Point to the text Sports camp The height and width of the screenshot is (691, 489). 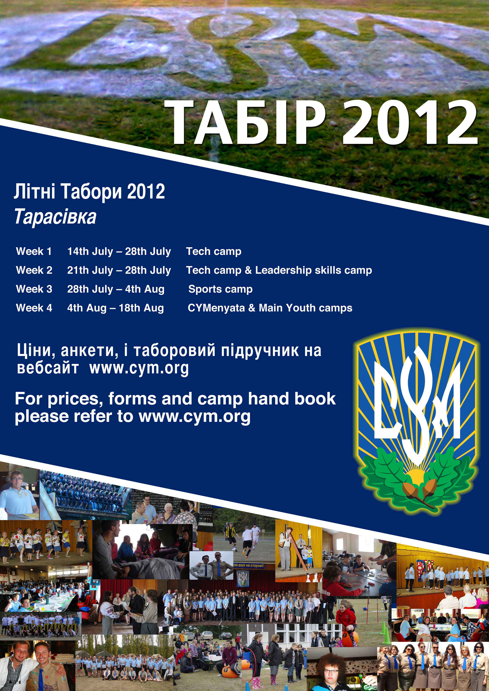click(x=220, y=289)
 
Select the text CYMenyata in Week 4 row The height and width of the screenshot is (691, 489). click(x=216, y=308)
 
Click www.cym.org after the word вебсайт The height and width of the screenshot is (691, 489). click(x=139, y=368)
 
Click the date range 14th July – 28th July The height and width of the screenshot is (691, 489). click(x=119, y=251)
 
